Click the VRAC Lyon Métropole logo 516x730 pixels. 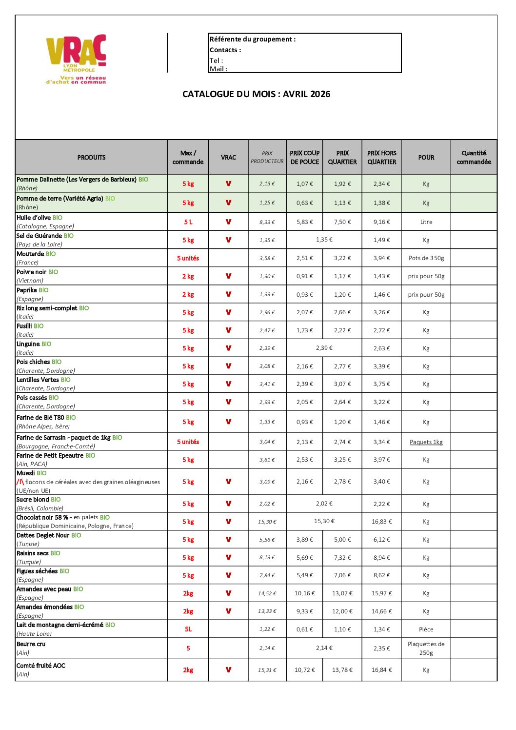(x=76, y=59)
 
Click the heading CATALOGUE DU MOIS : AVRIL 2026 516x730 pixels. (x=256, y=94)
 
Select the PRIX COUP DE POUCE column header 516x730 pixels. (x=304, y=157)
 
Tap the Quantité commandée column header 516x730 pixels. (x=474, y=157)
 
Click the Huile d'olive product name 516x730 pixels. (x=34, y=218)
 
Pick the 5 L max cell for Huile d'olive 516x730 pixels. (x=188, y=222)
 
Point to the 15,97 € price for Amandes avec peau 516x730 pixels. (x=381, y=593)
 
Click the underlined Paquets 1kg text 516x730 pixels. (x=426, y=442)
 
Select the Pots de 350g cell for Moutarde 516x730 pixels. (x=426, y=258)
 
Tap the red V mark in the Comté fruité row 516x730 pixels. (x=228, y=670)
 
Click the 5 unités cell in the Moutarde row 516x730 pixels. (x=188, y=258)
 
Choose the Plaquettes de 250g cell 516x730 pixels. (x=426, y=649)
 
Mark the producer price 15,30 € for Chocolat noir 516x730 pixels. (x=267, y=522)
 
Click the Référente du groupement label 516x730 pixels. (x=253, y=39)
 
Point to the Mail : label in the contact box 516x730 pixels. (x=218, y=69)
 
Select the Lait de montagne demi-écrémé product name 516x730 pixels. (x=60, y=625)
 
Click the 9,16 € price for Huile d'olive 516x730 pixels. (x=381, y=222)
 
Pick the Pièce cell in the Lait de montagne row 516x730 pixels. (x=426, y=629)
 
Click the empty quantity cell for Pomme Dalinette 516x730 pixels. (x=474, y=184)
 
